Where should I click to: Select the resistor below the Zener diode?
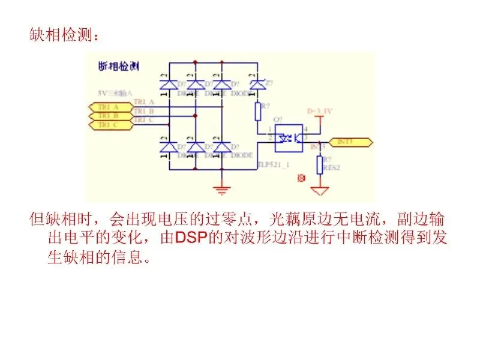[257, 111]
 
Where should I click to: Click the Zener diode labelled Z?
[257, 85]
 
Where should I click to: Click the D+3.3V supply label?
[320, 111]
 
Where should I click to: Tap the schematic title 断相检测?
[118, 66]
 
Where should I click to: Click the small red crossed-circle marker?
[302, 178]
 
